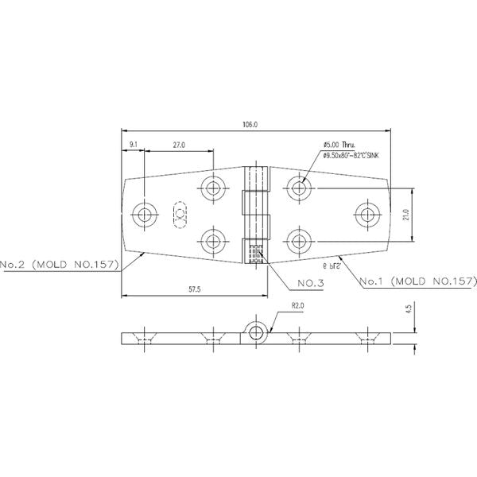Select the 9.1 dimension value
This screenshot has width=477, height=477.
pyautogui.click(x=133, y=144)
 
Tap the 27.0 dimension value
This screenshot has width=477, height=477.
pyautogui.click(x=178, y=145)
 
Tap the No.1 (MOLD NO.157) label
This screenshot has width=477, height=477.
pyautogui.click(x=417, y=281)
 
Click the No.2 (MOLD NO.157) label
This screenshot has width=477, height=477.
pyautogui.click(x=59, y=263)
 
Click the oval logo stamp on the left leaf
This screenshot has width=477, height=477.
pyautogui.click(x=180, y=214)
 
